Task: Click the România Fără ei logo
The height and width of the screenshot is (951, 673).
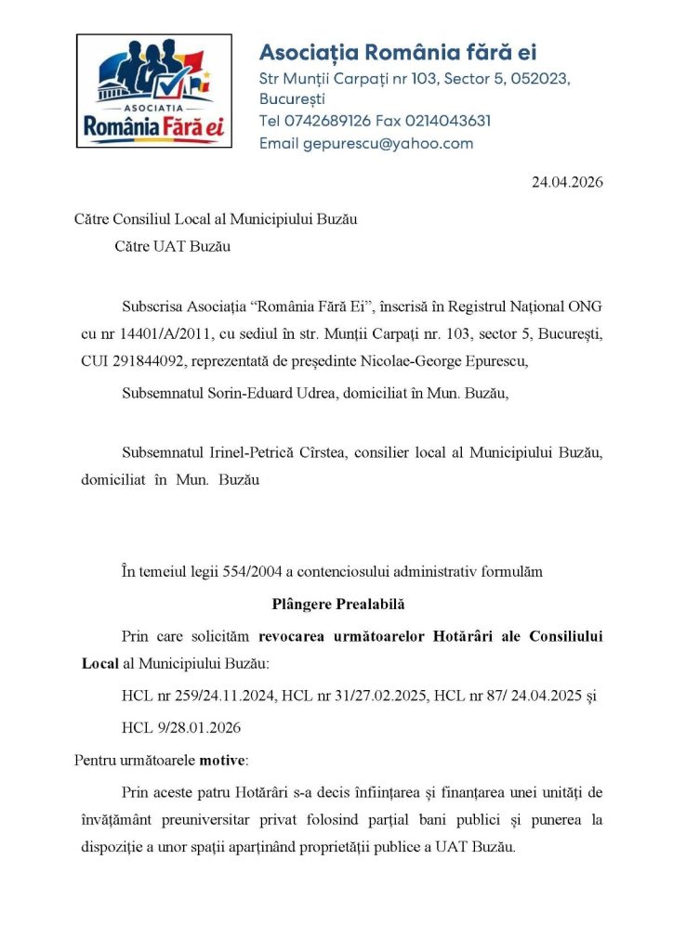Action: [x=154, y=91]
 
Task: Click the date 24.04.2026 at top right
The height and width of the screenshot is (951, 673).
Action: [x=567, y=182]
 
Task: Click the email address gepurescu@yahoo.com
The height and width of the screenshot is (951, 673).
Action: [x=388, y=144]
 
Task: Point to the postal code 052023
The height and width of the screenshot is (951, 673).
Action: [x=533, y=79]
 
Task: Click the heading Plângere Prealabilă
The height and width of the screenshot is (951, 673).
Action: [x=339, y=605]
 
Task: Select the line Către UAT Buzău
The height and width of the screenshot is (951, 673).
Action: [x=173, y=247]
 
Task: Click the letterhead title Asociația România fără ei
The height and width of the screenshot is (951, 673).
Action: [x=397, y=52]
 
